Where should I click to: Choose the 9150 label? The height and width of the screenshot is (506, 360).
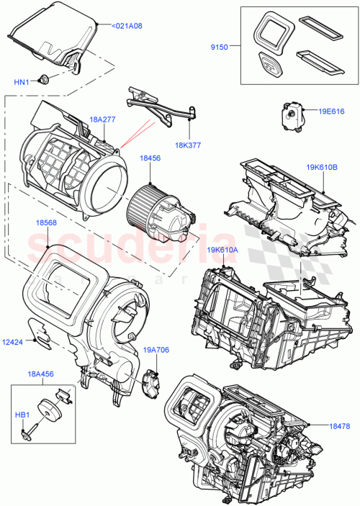click(x=219, y=47)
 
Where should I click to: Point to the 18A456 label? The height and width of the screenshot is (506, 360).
click(x=42, y=375)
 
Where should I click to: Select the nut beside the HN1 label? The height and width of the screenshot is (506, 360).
click(x=45, y=80)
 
